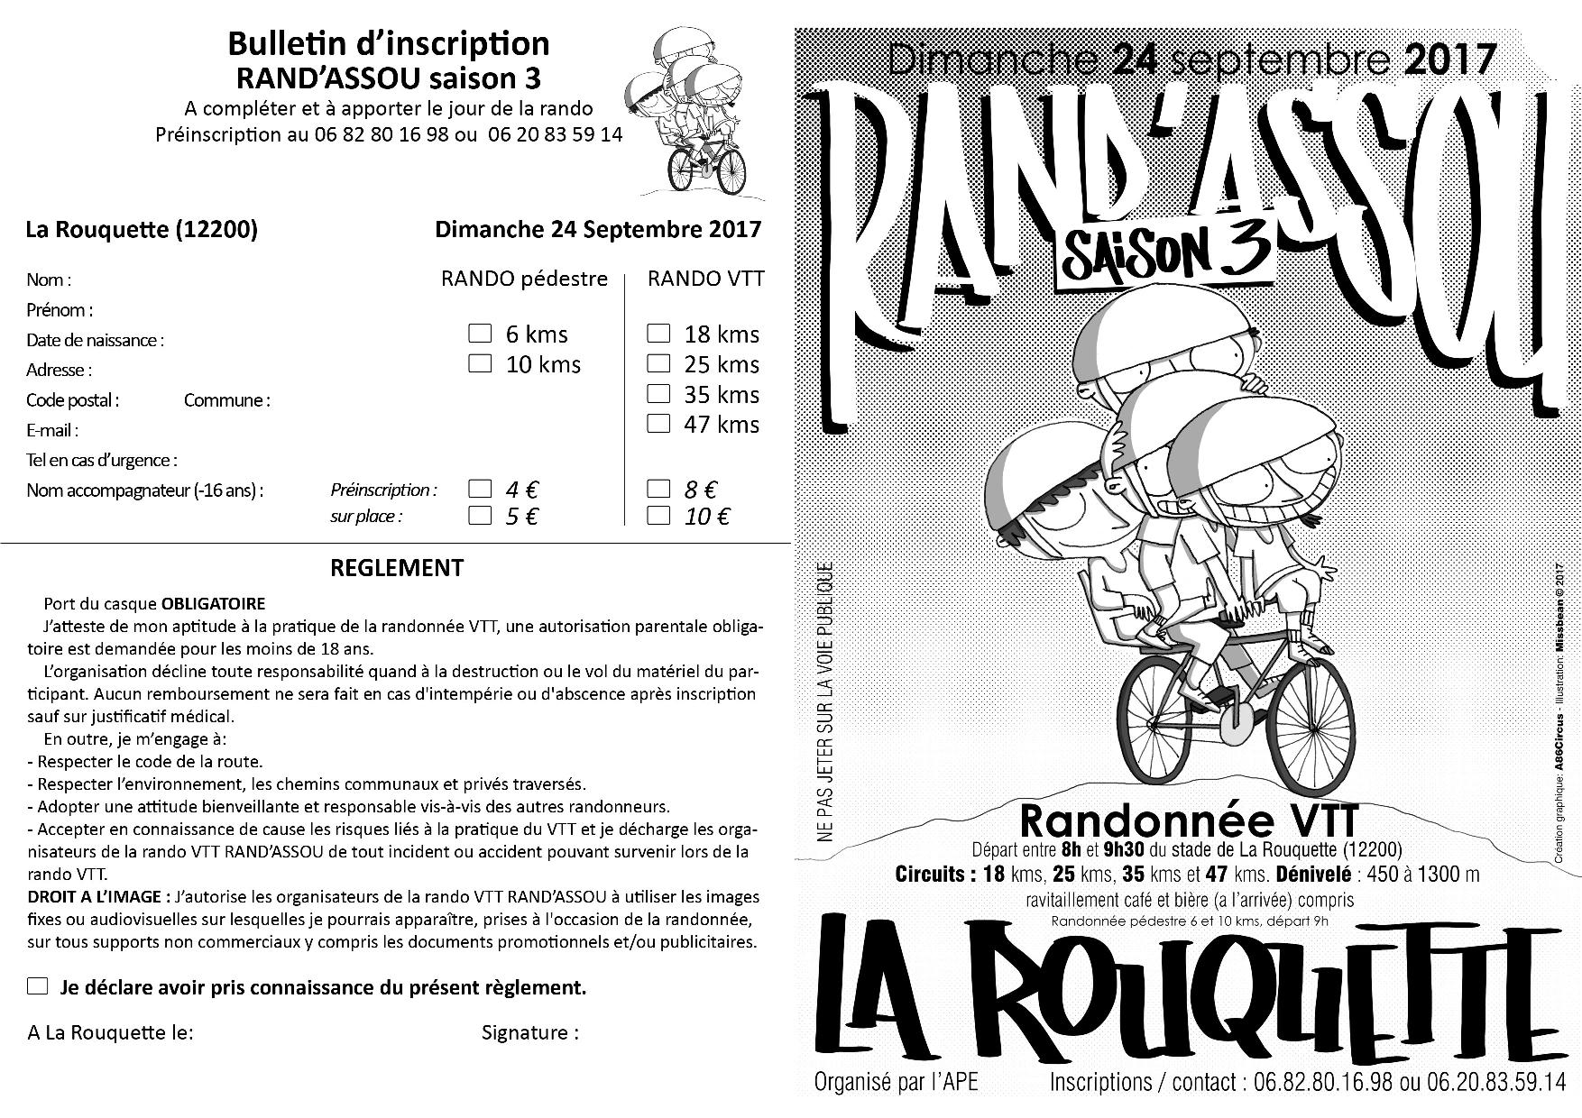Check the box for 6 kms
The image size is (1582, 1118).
tap(480, 334)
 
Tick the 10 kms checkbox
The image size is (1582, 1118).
tap(480, 364)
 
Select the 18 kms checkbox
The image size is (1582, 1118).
tap(659, 334)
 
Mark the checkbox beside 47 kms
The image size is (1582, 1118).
tap(659, 424)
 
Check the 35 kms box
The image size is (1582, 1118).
tap(659, 394)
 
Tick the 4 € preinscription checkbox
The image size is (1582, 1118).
tap(480, 490)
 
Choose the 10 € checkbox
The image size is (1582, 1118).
tap(659, 517)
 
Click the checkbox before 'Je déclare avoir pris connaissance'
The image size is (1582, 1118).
tap(38, 986)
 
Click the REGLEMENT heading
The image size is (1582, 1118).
tap(397, 568)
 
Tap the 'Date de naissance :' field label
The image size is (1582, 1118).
tap(95, 341)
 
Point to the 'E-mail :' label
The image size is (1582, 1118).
tap(52, 431)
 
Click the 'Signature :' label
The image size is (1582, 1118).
tap(530, 1032)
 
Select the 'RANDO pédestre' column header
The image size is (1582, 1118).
tap(524, 279)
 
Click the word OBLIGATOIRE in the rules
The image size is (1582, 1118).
tap(214, 603)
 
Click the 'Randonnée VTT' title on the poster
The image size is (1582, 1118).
tap(1188, 821)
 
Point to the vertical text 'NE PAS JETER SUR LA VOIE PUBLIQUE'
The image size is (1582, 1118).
tap(822, 703)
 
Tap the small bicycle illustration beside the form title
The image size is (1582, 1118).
tap(706, 167)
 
